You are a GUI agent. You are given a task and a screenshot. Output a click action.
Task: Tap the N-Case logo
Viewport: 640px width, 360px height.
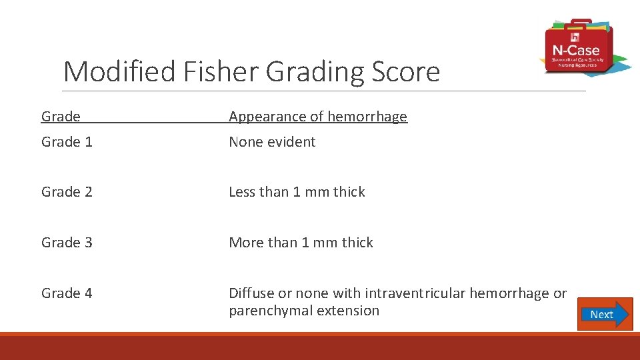[577, 47]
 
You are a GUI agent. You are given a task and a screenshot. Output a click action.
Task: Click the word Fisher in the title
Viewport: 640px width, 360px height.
[226, 71]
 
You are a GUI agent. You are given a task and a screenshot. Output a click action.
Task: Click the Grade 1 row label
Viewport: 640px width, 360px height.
[67, 142]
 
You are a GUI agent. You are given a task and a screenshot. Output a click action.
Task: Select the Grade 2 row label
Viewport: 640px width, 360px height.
[67, 192]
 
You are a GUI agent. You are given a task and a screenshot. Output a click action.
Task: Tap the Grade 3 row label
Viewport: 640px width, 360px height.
[67, 243]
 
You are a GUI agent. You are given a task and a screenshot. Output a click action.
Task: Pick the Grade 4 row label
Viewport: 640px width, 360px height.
[67, 293]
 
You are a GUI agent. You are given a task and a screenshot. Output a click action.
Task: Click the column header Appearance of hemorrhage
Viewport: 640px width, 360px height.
[317, 117]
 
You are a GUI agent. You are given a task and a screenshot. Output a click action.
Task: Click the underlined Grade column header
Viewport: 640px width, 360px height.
[61, 117]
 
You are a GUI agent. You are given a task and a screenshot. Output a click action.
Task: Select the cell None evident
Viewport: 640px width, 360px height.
[272, 142]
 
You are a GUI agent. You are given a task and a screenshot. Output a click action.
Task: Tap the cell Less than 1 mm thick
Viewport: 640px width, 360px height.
[297, 192]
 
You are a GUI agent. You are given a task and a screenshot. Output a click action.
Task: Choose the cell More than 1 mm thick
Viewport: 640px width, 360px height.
[301, 243]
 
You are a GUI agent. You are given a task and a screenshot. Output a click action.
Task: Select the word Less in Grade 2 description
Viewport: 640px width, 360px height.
[242, 192]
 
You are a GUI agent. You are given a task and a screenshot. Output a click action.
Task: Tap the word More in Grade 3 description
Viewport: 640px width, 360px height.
[246, 243]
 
